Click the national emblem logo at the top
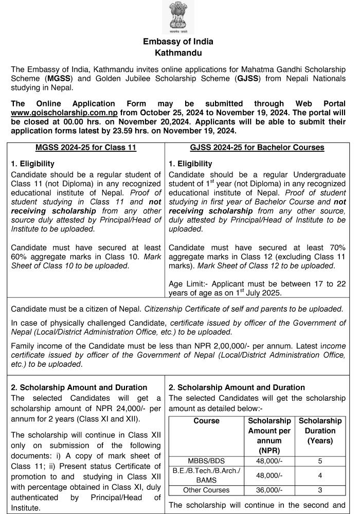(178, 17)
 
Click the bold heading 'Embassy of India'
(178, 42)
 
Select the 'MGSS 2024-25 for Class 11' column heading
(86, 148)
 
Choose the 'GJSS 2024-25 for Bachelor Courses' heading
(257, 148)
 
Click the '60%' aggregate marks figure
(20, 256)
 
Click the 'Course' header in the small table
(206, 421)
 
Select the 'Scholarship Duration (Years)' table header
(320, 431)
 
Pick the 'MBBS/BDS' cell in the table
(206, 461)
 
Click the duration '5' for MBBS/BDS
(320, 461)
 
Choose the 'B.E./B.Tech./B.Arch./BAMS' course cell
(206, 475)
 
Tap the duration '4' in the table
(320, 475)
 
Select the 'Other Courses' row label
(206, 490)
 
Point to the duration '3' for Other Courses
(320, 490)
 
